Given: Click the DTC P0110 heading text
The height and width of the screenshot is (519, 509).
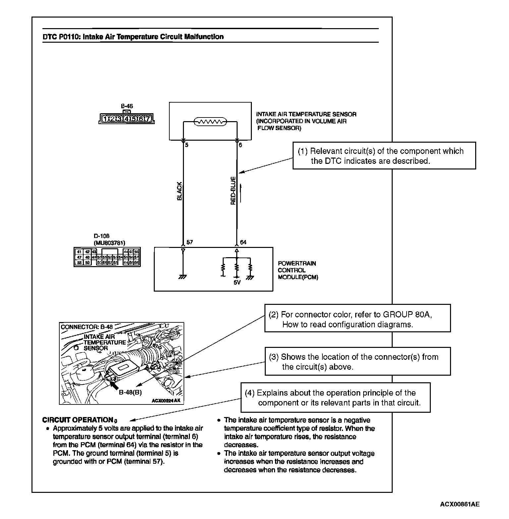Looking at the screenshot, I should coord(133,37).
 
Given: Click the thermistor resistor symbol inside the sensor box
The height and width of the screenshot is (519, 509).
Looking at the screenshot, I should coord(210,122).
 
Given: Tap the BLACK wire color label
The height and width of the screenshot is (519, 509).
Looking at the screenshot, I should coord(180,191).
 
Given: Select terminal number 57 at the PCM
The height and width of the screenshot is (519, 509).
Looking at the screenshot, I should coord(190,242).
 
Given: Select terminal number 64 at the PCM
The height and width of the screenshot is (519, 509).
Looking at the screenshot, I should coord(243,242).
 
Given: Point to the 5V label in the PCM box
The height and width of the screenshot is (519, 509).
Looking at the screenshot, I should coord(237,283).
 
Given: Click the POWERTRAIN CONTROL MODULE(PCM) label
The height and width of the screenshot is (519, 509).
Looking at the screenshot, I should coord(297,270).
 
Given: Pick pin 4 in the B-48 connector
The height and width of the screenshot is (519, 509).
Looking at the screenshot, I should coord(127,118).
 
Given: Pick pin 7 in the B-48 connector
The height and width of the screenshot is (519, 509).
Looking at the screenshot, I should coord(148,118).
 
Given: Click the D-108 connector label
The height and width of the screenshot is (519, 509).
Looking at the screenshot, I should coord(101,236).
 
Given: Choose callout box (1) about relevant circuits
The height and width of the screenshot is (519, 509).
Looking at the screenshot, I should coord(384,156).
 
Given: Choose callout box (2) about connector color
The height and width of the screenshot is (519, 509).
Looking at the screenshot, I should coord(357,318).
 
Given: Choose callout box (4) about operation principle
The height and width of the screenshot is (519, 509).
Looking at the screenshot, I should coord(335,398).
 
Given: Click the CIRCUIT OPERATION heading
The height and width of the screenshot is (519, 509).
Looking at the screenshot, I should coord(78,420).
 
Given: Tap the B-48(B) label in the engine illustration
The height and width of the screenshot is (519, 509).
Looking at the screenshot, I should coord(130,393).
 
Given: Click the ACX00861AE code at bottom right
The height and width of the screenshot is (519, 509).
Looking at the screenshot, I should coord(460,504).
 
